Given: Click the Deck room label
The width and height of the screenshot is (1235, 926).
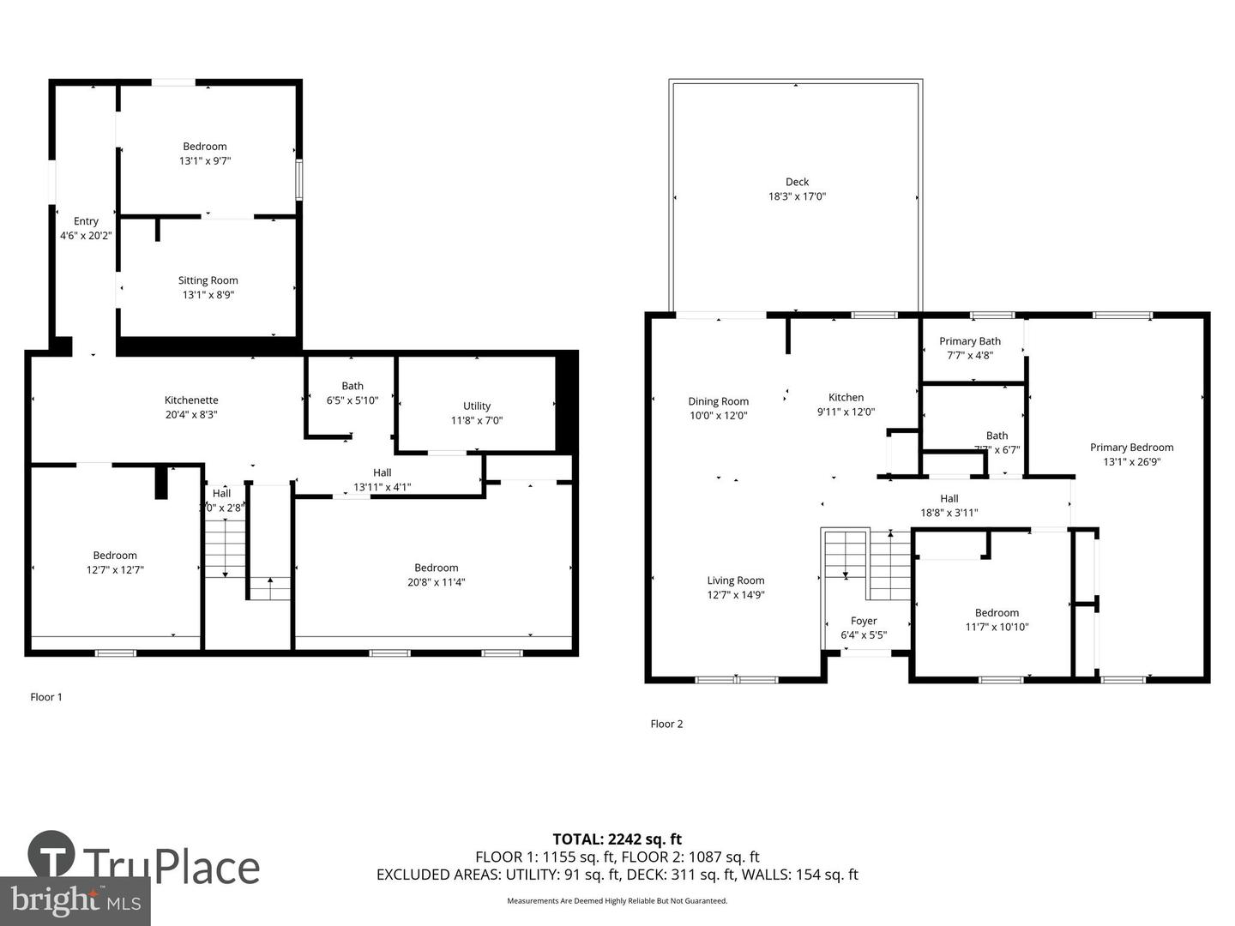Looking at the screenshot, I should (x=797, y=182).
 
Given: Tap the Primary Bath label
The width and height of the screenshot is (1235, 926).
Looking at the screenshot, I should (x=969, y=341).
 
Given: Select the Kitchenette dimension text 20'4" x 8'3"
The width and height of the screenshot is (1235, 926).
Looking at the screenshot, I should (x=191, y=414).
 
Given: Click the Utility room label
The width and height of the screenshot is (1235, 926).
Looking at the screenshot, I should (x=477, y=406).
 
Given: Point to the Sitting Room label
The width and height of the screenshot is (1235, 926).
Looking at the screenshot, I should (x=208, y=280).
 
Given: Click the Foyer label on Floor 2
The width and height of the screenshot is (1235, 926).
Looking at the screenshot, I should (x=864, y=621).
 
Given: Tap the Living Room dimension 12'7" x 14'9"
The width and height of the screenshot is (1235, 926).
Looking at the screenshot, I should (x=735, y=594).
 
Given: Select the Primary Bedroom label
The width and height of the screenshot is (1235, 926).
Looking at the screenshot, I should (x=1131, y=448).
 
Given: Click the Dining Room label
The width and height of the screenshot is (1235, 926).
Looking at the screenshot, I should (x=718, y=401).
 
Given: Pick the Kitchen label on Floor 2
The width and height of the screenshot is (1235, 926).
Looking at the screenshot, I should (x=846, y=397).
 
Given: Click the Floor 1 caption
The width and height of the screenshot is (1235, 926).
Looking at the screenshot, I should (x=46, y=697).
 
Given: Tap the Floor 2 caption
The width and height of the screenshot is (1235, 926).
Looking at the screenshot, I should (x=666, y=724).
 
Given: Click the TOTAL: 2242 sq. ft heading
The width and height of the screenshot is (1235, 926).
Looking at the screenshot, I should (x=617, y=839).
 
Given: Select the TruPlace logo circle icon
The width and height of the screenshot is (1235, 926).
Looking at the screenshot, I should (x=51, y=854).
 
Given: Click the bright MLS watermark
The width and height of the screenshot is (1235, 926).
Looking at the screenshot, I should (x=75, y=900).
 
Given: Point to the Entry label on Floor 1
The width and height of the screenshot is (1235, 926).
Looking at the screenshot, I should (x=86, y=221).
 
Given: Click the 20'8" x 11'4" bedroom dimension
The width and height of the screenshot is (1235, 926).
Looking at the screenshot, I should (x=437, y=582).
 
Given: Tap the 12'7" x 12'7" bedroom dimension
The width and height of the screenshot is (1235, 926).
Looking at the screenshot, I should (x=115, y=569).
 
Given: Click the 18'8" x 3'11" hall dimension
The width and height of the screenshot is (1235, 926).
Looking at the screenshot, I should (x=949, y=513).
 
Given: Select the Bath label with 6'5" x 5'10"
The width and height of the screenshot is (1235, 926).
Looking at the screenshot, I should (x=352, y=386).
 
